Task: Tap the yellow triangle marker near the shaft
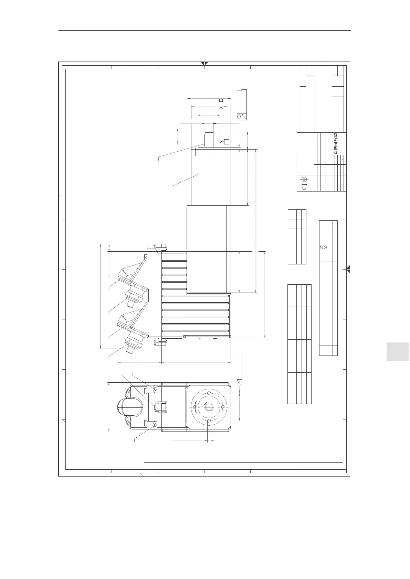click(x=220, y=141)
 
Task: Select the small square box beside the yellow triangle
click(x=227, y=141)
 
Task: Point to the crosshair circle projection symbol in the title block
click(x=304, y=179)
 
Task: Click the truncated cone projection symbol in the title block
click(x=304, y=187)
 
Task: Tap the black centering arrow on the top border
click(x=204, y=63)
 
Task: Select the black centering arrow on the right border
click(x=348, y=269)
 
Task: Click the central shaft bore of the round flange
click(x=209, y=407)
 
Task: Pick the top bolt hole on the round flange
click(x=209, y=393)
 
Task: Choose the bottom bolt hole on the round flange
click(x=209, y=421)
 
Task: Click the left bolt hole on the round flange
click(x=195, y=407)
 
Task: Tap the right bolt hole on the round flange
click(x=223, y=407)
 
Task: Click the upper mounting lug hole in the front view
click(x=155, y=389)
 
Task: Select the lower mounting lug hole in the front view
click(x=155, y=425)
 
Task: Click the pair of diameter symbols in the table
click(x=323, y=247)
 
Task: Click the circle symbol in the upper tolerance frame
click(x=239, y=117)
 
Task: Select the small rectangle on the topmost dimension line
click(x=221, y=100)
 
